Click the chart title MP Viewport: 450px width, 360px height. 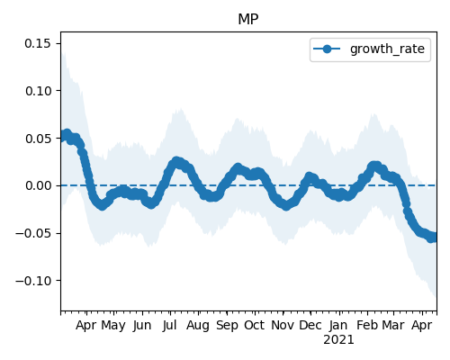click(x=248, y=20)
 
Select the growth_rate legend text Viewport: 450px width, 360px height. click(x=387, y=49)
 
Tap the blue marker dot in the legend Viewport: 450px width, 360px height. click(x=327, y=49)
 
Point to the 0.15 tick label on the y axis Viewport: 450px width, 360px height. click(x=38, y=43)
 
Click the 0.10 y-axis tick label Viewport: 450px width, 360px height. click(x=38, y=91)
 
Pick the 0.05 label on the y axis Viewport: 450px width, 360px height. click(x=38, y=139)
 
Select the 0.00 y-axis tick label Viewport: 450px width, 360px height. click(x=38, y=185)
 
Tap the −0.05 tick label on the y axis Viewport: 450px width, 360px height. click(x=33, y=233)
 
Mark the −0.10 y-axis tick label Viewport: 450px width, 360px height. click(x=33, y=281)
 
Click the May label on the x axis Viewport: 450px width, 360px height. click(x=113, y=326)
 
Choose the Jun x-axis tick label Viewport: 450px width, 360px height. click(x=142, y=326)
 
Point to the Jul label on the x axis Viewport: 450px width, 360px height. click(x=169, y=326)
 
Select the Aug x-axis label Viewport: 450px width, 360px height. click(x=198, y=326)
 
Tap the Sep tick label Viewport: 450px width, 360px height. click(x=227, y=326)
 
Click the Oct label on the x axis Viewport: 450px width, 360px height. click(x=255, y=326)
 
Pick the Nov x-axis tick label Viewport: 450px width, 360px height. click(x=283, y=326)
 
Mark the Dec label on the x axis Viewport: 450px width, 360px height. click(x=310, y=326)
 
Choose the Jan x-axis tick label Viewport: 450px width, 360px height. click(x=338, y=326)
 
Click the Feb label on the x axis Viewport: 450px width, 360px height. click(x=367, y=326)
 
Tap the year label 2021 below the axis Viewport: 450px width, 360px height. click(x=338, y=340)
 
